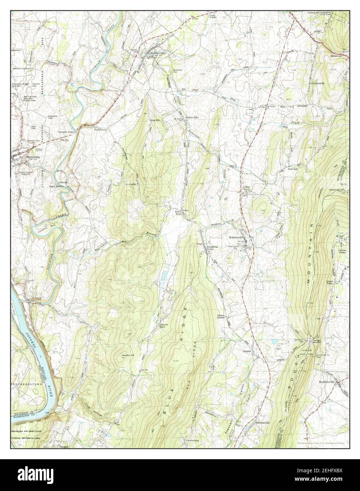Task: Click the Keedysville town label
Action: pyautogui.click(x=157, y=53)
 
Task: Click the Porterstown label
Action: pyautogui.click(x=100, y=130)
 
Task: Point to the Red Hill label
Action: pyautogui.click(x=156, y=120)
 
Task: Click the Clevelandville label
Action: pyautogui.click(x=318, y=83)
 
